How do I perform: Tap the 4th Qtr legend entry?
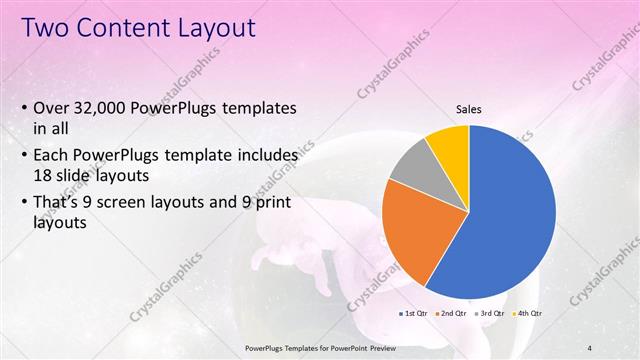[x=528, y=313]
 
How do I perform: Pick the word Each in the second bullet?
[x=52, y=156]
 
